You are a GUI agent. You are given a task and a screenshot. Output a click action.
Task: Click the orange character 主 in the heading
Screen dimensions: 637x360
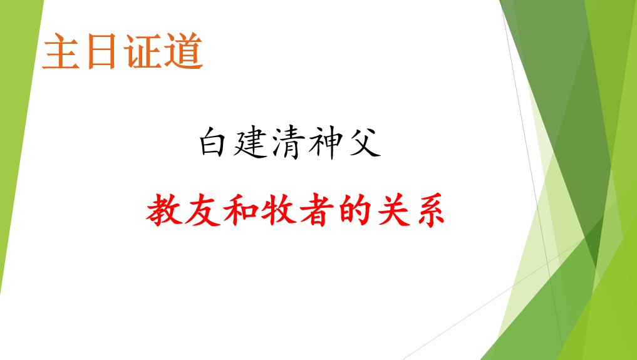coord(61,51)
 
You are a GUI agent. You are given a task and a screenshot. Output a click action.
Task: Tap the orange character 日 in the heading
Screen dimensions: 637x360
coord(101,51)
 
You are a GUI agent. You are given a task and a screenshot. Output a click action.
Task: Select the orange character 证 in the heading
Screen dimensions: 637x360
coord(143,51)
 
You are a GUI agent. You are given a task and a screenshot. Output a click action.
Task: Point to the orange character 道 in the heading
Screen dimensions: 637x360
coord(184,51)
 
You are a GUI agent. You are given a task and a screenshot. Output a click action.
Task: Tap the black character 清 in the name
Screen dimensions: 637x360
coord(287,142)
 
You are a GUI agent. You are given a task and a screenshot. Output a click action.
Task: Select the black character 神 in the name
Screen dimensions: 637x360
coord(325,142)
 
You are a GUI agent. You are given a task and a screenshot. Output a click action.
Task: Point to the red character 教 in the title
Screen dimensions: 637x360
coord(163,210)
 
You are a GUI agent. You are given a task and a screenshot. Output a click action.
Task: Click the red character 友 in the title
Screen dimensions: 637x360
coord(202,210)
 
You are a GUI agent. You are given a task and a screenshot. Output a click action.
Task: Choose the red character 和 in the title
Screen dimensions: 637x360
coord(240,210)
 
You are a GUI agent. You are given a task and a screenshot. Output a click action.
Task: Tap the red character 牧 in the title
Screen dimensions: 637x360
coord(278,210)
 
